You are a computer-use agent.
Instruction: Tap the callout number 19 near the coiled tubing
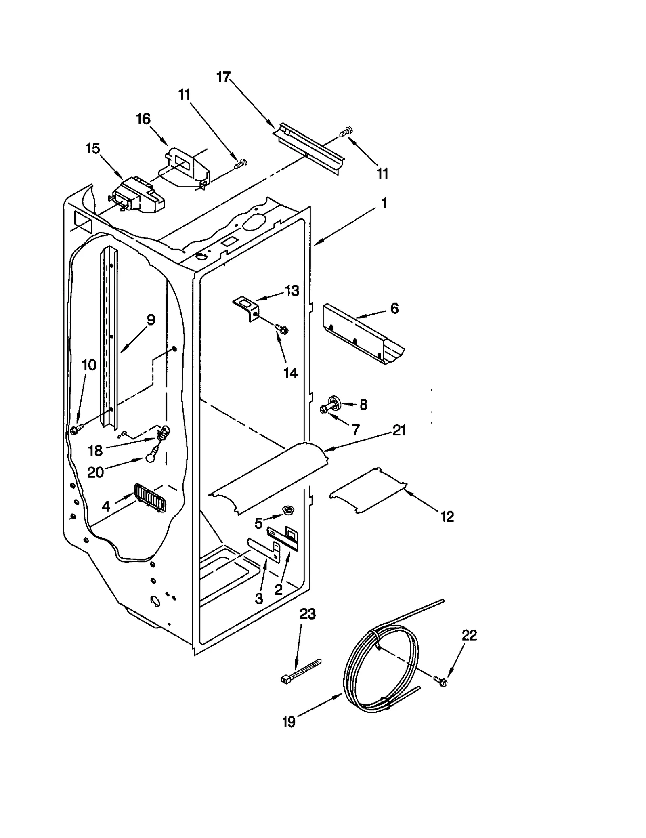click(289, 722)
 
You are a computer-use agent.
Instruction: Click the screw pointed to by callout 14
click(281, 329)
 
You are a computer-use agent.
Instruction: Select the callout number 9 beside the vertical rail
click(151, 320)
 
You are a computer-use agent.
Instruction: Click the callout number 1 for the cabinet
click(384, 203)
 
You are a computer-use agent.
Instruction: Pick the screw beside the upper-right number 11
click(346, 132)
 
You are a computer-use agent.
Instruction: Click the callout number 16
click(143, 119)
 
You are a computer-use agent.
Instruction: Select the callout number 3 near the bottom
click(259, 598)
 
